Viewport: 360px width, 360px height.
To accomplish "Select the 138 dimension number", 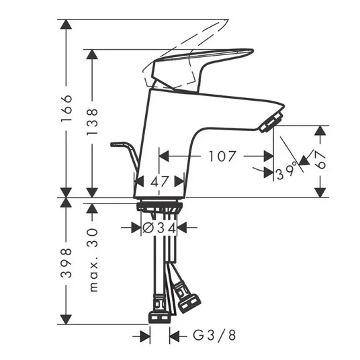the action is [x=92, y=122].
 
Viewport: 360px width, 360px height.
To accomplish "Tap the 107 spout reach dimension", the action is [x=222, y=156].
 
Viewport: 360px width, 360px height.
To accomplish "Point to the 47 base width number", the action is [x=160, y=181].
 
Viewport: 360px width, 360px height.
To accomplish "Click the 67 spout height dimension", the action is [x=320, y=160].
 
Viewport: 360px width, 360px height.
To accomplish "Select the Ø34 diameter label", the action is [x=159, y=228].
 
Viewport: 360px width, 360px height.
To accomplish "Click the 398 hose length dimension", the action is [x=66, y=263].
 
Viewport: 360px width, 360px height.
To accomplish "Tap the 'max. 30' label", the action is [x=93, y=260].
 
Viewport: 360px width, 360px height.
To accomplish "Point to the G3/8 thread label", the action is [x=214, y=335].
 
